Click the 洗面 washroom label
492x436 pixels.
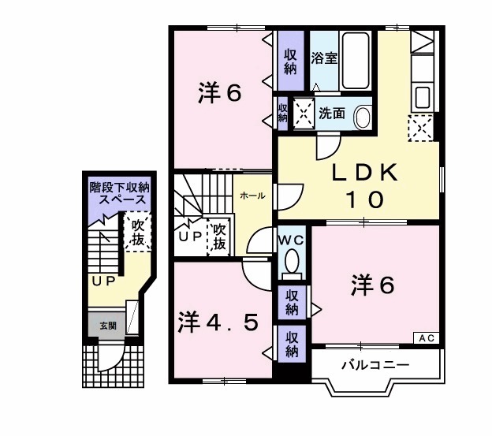click(332, 114)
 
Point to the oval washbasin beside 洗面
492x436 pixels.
click(363, 117)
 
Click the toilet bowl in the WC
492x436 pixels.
click(292, 262)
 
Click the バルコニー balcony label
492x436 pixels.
click(375, 365)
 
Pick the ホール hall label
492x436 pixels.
click(252, 196)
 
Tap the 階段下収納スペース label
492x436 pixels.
click(118, 193)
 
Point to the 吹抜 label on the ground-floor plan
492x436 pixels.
click(138, 233)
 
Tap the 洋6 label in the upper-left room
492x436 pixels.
click(218, 93)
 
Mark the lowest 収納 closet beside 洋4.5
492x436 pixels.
click(292, 343)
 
